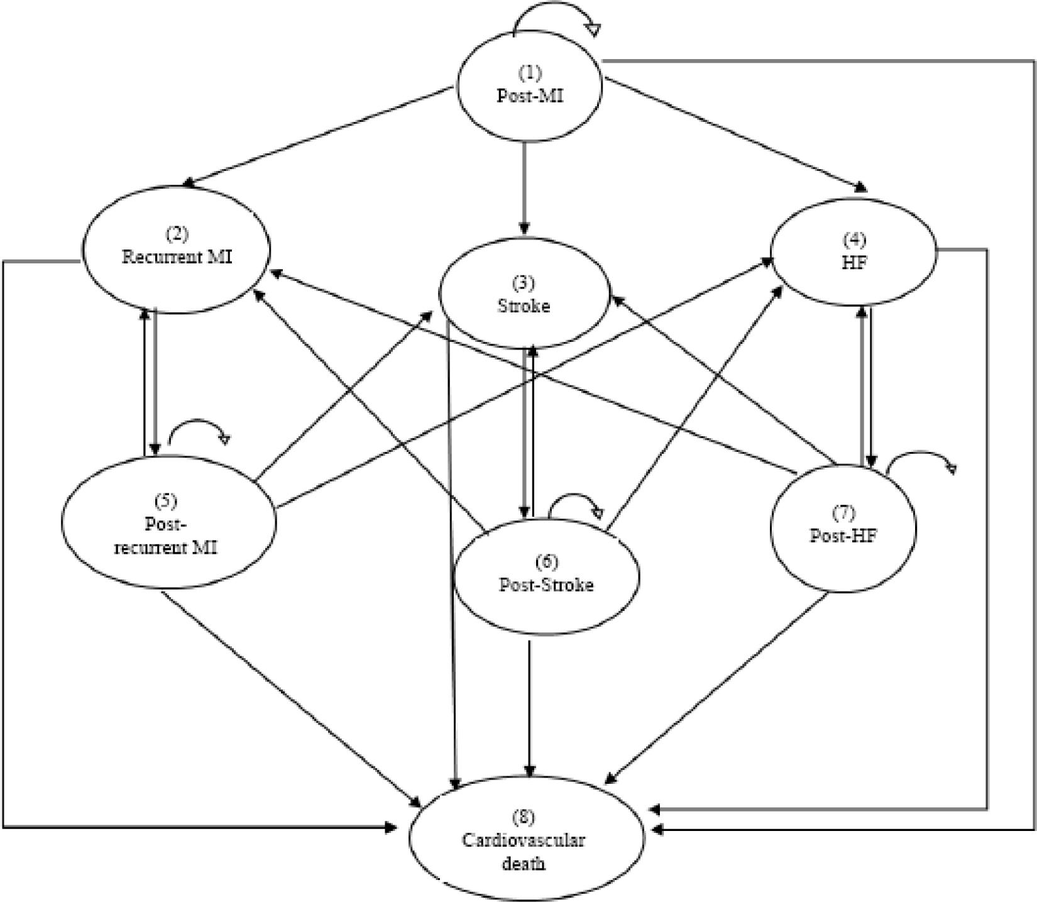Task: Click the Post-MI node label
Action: pos(529,96)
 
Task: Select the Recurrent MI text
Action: pos(177,257)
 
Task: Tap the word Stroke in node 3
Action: pos(524,306)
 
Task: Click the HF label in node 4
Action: pos(854,263)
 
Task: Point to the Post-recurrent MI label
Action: pos(165,536)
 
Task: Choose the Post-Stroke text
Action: pos(546,585)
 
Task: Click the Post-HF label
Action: pos(843,536)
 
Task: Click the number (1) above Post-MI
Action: pos(529,73)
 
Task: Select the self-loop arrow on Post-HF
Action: pos(921,458)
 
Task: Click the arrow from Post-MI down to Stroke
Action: pos(524,189)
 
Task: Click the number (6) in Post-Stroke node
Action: pos(546,561)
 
